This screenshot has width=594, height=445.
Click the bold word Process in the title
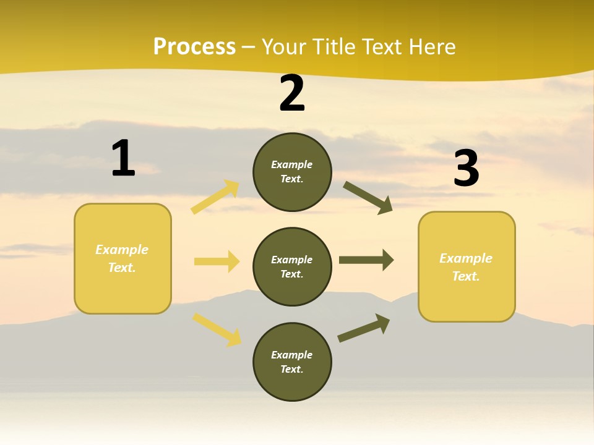(194, 47)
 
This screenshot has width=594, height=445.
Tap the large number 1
(123, 158)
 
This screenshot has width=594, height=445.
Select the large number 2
(292, 93)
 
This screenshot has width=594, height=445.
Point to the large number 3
(467, 169)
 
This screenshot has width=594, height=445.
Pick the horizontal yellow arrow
(217, 261)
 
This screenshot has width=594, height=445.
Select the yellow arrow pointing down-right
(217, 329)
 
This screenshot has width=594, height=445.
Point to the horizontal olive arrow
(366, 260)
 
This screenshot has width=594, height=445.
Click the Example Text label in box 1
(122, 258)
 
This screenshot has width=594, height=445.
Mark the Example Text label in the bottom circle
(292, 362)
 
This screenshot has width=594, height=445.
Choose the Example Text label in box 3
(466, 267)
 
